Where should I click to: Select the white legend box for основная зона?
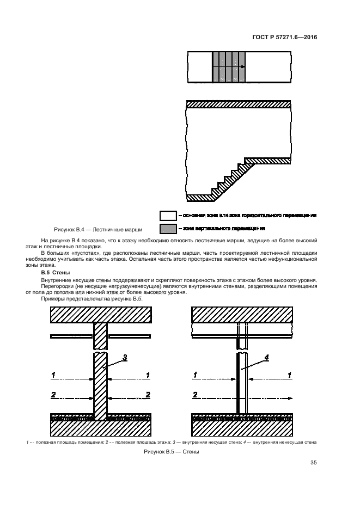(168, 216)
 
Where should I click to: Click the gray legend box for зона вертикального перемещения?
(168, 229)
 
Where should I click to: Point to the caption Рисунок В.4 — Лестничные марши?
(97, 230)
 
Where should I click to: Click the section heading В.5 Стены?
(57, 272)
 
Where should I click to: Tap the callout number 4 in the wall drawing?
(266, 358)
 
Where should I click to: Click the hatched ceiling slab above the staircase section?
(237, 104)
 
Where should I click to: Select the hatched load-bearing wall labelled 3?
(101, 381)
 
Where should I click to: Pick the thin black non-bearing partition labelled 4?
(239, 381)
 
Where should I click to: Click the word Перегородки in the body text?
(58, 286)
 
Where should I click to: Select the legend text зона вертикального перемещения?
(223, 229)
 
